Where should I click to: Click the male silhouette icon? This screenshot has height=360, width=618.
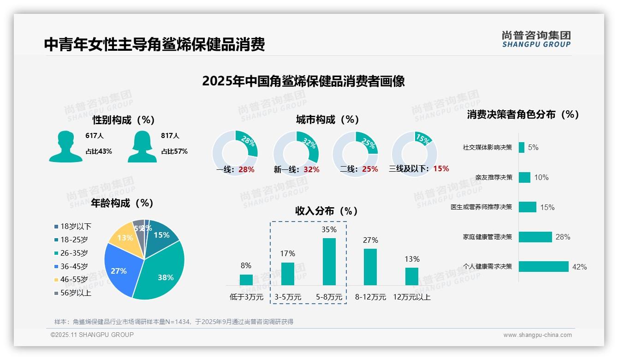(65, 146)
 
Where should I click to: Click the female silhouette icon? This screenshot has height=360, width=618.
(142, 146)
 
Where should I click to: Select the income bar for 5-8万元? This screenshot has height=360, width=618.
(329, 261)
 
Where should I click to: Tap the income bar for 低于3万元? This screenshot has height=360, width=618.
(246, 280)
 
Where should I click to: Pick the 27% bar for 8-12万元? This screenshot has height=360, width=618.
(370, 267)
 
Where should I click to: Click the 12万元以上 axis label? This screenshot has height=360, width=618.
(411, 297)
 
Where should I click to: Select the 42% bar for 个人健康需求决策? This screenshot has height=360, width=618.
(543, 266)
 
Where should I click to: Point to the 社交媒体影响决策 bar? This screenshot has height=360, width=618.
(522, 147)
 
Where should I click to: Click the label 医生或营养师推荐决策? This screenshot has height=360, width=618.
(481, 207)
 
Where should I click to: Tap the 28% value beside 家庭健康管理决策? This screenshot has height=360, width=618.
(563, 237)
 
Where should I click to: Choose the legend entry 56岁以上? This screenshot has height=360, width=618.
(72, 293)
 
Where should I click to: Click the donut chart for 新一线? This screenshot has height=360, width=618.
(296, 154)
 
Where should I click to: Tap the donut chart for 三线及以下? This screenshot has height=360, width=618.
(414, 154)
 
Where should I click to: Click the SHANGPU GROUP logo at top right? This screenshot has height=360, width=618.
(536, 39)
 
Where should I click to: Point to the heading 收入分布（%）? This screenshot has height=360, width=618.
(327, 211)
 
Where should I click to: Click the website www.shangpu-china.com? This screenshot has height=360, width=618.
(537, 335)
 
